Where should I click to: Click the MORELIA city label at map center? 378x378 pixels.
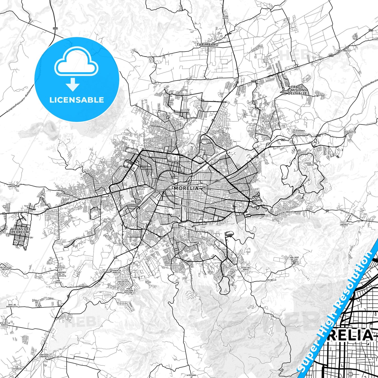(186, 188)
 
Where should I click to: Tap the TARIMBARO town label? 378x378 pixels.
(207, 45)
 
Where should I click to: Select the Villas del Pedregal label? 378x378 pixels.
(21, 230)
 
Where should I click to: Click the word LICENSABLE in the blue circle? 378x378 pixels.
(77, 100)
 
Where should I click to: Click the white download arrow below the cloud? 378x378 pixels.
(73, 84)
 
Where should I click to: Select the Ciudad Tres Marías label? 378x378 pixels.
(311, 164)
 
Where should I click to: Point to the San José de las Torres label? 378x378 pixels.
(294, 259)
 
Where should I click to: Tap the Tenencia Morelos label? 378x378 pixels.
(116, 271)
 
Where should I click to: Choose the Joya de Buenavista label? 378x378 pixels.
(12, 306)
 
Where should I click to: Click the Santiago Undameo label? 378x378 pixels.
(43, 356)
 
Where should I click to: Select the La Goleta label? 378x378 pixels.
(350, 132)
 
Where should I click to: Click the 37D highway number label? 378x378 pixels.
(55, 28)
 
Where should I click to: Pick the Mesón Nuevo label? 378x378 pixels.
(225, 17)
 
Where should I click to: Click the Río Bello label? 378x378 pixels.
(271, 280)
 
